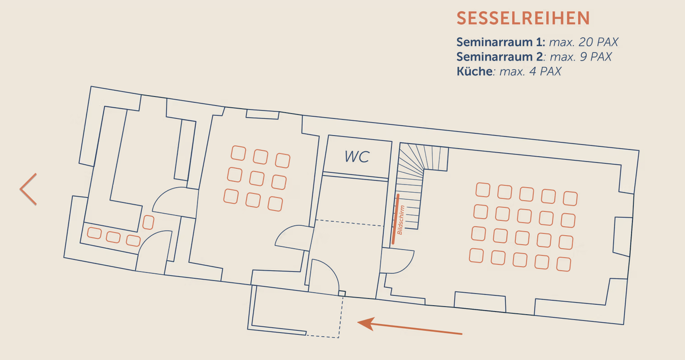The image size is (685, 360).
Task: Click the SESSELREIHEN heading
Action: coord(523,18)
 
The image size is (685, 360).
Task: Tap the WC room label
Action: coord(357,157)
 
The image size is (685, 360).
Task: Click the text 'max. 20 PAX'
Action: coord(584,42)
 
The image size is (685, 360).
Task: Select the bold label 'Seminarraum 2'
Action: coord(500,57)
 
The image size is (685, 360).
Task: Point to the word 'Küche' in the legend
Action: coord(474,71)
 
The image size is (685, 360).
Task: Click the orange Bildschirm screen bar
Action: coord(395,219)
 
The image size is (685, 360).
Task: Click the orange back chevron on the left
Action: coord(28,189)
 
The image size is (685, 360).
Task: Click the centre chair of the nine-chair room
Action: coord(257,178)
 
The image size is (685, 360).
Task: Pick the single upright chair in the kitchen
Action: coord(148,222)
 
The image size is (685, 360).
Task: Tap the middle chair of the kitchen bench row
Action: coord(113,237)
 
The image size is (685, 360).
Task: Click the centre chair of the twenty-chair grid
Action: coord(524,216)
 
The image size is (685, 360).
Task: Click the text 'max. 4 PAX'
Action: coord(530,71)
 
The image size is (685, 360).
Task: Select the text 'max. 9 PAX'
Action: coord(581,57)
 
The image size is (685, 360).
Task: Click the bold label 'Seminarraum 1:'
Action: coord(501,42)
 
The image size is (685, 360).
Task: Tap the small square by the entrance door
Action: coord(342,294)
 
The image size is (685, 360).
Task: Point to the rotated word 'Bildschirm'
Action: coord(400,220)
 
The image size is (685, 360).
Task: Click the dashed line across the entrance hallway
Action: coord(350,223)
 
